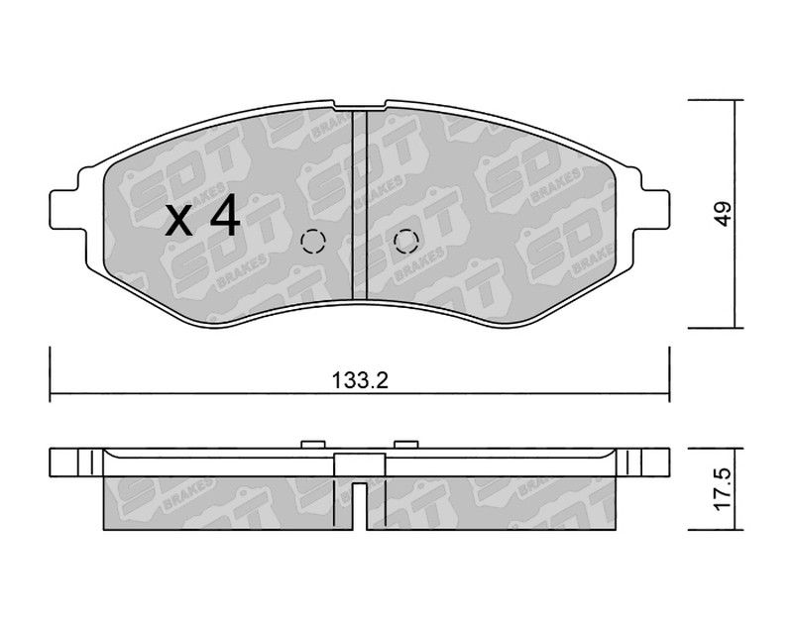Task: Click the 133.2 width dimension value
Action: (360, 380)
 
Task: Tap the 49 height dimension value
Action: (724, 214)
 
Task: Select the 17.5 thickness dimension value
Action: (723, 489)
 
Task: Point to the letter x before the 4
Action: (179, 223)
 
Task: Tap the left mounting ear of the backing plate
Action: (64, 209)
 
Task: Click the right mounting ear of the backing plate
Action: (654, 209)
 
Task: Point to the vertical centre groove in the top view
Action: (360, 205)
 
